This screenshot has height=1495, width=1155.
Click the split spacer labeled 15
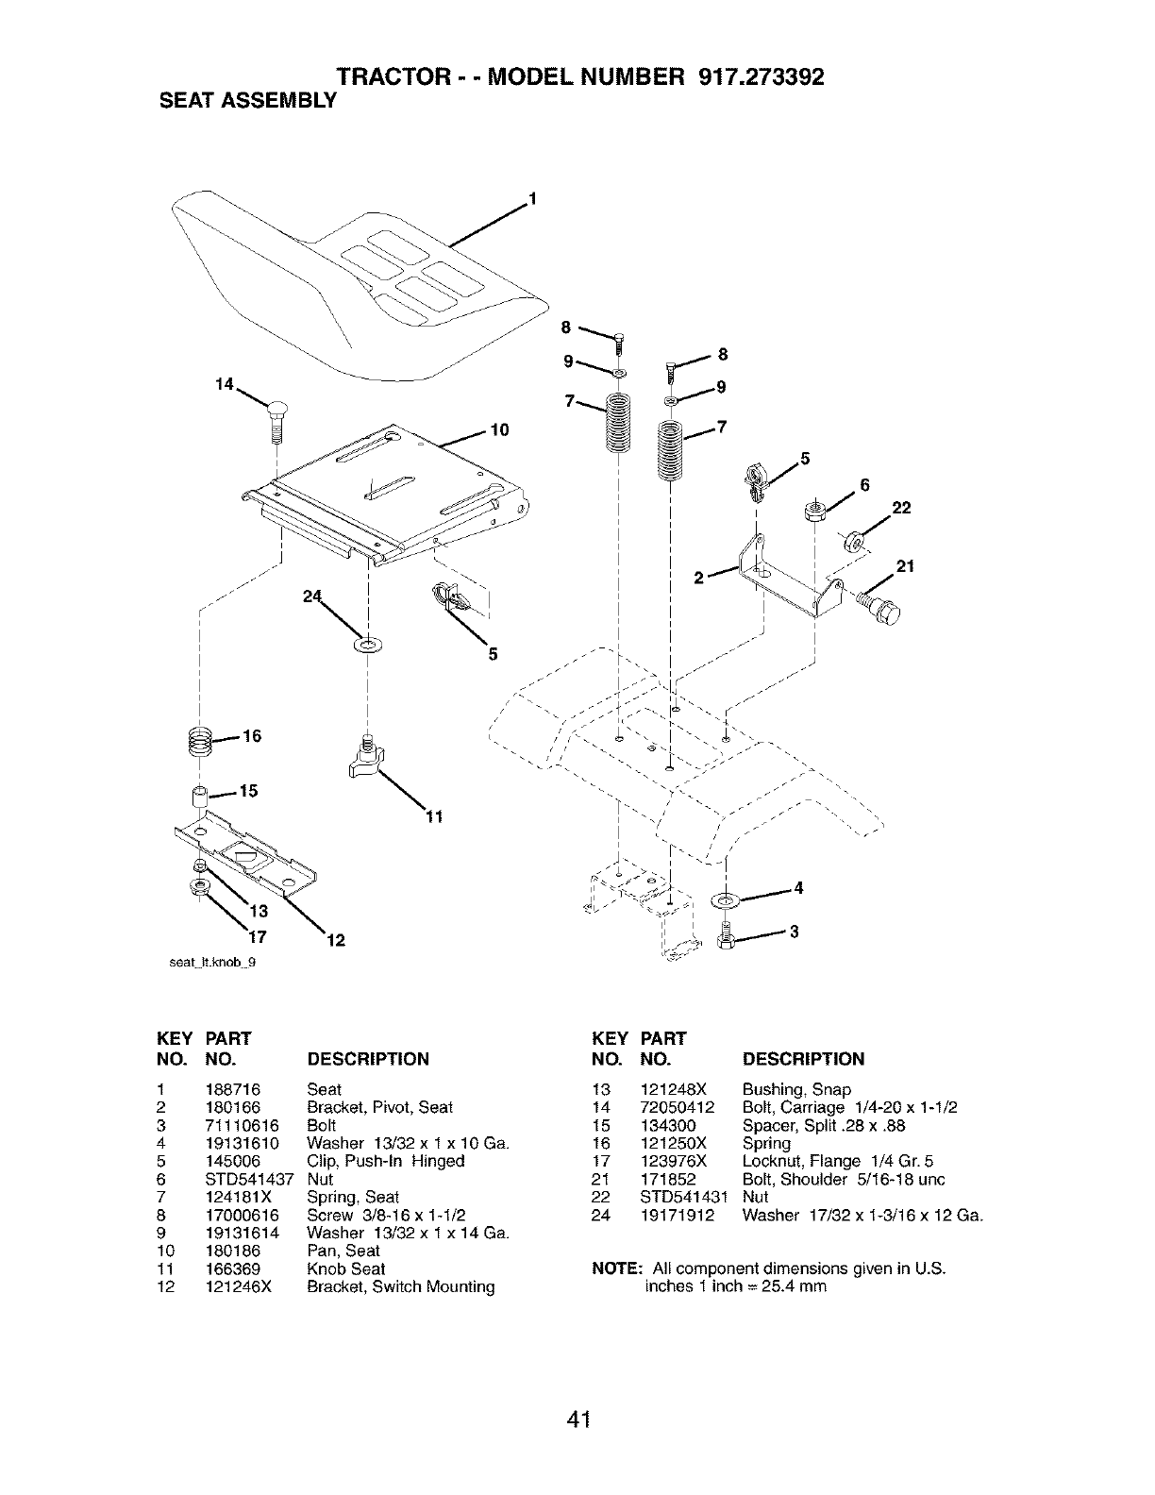199,796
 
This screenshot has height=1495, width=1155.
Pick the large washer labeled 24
365,647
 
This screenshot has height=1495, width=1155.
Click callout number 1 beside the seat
532,198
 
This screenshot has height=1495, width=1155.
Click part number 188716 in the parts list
227,1089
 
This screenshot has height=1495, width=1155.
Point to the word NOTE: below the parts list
617,1268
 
